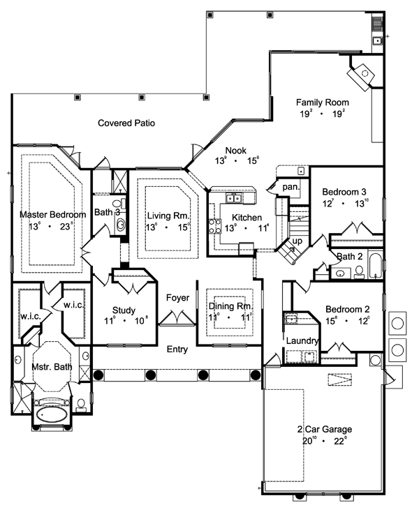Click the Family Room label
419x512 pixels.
pyautogui.click(x=322, y=102)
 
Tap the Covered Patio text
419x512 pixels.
pyautogui.click(x=126, y=123)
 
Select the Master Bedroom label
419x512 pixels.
pyautogui.click(x=52, y=214)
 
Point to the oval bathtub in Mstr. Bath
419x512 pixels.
pyautogui.click(x=50, y=414)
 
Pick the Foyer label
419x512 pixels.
pyautogui.click(x=178, y=298)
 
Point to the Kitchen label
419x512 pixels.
pyautogui.click(x=247, y=217)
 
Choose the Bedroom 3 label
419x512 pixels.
pyautogui.click(x=344, y=192)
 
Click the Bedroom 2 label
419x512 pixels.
pyautogui.click(x=346, y=310)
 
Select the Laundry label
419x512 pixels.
pyautogui.click(x=302, y=340)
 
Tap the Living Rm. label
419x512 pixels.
pyautogui.click(x=167, y=216)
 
